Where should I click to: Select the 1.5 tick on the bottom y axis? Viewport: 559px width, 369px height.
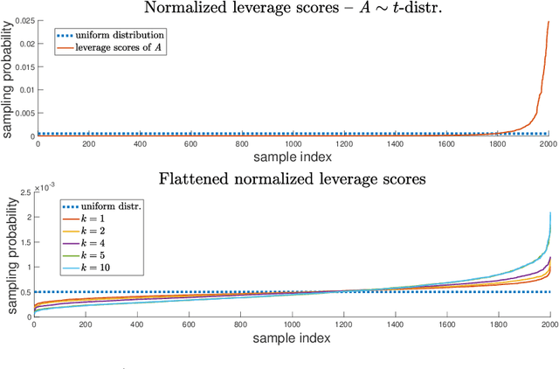click(x=23, y=241)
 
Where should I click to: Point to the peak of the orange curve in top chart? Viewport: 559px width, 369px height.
click(x=549, y=22)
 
